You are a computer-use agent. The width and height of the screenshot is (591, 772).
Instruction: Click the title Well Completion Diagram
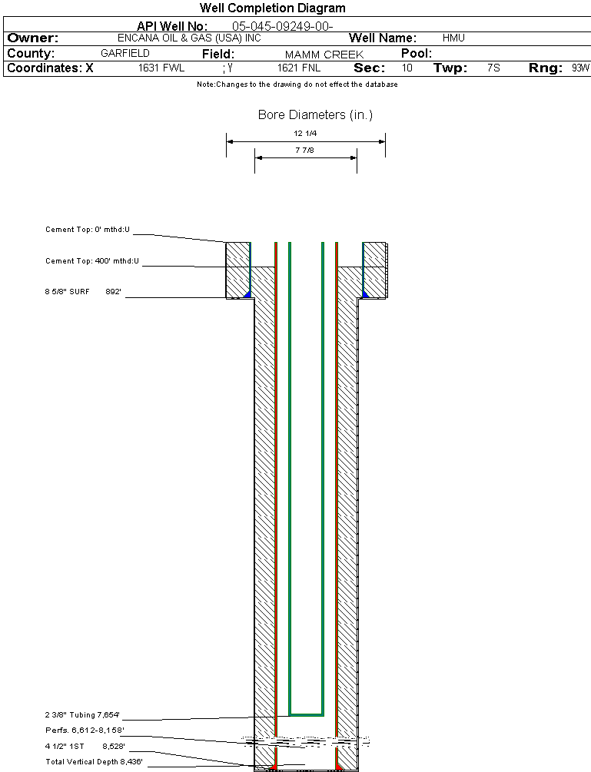point(272,8)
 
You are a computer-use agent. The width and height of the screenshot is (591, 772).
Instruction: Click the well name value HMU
point(453,38)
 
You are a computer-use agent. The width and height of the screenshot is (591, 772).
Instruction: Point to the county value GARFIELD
point(125,54)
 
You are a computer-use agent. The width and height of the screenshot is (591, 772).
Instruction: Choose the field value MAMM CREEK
point(324,55)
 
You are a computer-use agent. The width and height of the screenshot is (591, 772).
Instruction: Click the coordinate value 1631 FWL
point(161,68)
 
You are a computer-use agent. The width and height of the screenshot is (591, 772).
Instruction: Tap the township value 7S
point(493,68)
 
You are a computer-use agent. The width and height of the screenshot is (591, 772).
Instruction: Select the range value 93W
point(580,68)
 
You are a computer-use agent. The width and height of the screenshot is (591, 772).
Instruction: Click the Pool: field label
point(417,54)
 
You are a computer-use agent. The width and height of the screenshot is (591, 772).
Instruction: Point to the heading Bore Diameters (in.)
point(315,115)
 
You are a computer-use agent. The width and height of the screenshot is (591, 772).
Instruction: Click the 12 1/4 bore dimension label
point(305,134)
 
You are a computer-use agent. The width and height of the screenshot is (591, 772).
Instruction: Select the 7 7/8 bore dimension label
point(305,151)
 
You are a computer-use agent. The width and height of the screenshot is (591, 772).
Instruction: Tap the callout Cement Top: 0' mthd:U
point(88,230)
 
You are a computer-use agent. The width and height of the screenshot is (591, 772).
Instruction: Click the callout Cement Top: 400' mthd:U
point(92,261)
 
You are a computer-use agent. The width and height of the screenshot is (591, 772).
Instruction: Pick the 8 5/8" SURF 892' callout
point(84,292)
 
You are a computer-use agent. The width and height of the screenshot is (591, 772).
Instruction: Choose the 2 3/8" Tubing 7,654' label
point(83,714)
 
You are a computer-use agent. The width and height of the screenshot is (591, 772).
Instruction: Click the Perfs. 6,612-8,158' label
point(85,730)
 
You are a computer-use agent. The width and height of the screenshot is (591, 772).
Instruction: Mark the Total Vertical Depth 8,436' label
point(95,761)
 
